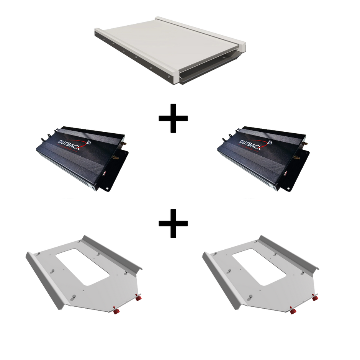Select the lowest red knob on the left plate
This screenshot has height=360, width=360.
tap(115, 312)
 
